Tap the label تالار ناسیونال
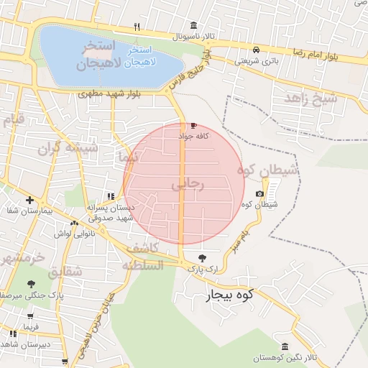(193, 35)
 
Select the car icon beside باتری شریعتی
(256, 50)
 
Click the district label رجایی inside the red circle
(188, 185)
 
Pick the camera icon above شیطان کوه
(259, 194)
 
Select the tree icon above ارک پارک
(201, 257)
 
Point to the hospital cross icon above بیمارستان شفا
(29, 200)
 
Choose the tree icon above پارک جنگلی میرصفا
(30, 284)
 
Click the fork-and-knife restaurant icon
(137, 27)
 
